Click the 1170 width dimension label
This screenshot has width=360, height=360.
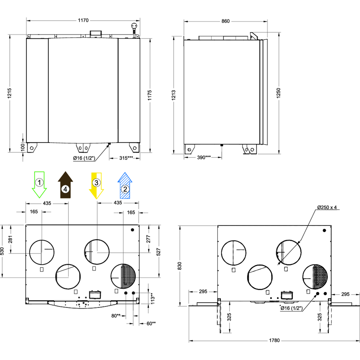83,20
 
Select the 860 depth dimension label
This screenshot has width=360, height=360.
225,21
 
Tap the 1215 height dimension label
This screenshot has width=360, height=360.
9,93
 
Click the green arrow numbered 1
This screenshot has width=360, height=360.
39,184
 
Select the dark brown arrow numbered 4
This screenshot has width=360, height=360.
65,185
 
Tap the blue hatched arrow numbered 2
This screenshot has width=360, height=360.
125,186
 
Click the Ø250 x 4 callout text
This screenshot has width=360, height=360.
327,207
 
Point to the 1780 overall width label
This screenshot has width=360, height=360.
274,340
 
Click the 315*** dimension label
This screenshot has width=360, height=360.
126,158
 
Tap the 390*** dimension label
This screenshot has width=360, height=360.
204,157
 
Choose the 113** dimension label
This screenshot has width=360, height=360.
153,298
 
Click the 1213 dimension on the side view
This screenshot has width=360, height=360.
173,95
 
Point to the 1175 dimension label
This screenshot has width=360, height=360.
150,95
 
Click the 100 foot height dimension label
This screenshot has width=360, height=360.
23,147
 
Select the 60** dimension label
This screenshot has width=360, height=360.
151,323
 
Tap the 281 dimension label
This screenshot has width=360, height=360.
10,240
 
